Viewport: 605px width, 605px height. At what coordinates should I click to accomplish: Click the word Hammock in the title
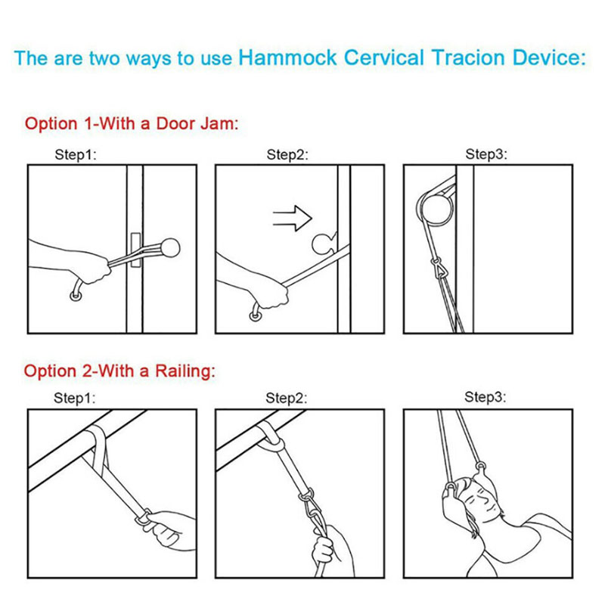[288, 58]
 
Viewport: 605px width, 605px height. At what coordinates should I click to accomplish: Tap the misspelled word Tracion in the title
[468, 58]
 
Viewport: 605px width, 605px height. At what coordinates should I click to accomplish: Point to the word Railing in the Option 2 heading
[185, 371]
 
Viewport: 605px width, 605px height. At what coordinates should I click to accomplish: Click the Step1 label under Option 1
[76, 155]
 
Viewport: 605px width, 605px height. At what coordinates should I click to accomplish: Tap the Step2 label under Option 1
[287, 155]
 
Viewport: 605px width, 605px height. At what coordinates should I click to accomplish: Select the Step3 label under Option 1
[486, 154]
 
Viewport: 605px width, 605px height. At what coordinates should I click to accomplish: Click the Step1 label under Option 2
[74, 398]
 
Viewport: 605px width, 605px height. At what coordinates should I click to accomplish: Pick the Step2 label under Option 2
[287, 398]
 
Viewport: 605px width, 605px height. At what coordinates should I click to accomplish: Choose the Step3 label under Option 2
[485, 396]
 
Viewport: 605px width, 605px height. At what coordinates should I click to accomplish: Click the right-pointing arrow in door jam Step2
[292, 218]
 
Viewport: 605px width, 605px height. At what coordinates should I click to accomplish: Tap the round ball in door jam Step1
[169, 248]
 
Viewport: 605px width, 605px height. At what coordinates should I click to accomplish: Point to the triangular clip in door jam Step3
[437, 268]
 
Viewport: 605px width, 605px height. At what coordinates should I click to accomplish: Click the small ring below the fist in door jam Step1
[76, 296]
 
